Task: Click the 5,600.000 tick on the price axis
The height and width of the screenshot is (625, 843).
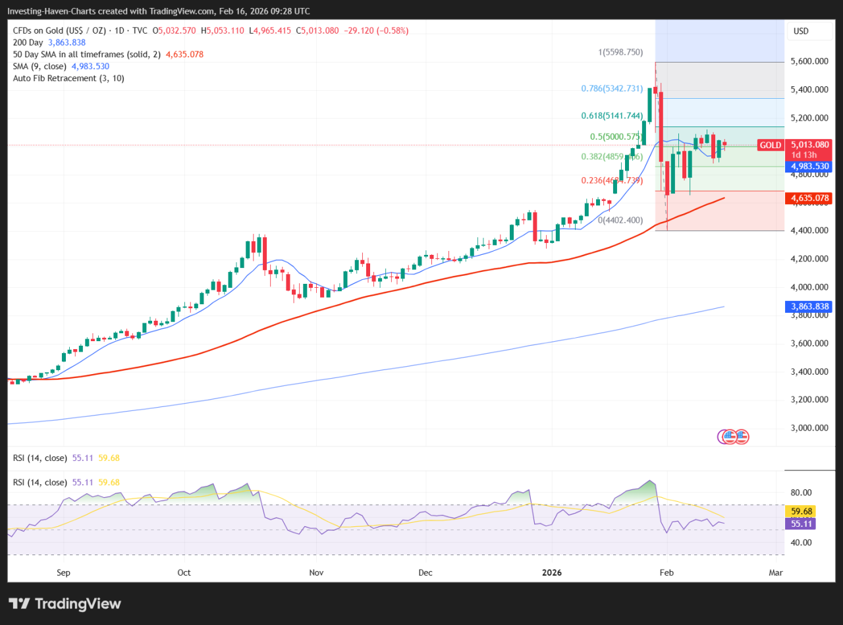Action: coord(809,61)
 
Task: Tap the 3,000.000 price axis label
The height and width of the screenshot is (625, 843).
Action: coord(809,427)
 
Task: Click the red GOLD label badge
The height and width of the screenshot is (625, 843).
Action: coord(770,145)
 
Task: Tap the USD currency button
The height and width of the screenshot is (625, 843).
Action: coord(801,31)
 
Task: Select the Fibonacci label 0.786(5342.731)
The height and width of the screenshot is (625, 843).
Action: coord(611,88)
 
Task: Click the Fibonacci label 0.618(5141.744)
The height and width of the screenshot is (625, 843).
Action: coord(612,116)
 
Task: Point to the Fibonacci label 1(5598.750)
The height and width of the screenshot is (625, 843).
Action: coord(620,52)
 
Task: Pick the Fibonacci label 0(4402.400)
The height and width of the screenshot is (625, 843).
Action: coord(620,220)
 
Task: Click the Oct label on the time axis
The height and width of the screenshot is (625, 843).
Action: coord(184,572)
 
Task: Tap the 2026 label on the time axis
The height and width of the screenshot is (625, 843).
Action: coord(552,572)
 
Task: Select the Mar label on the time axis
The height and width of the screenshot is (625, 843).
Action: coord(776,572)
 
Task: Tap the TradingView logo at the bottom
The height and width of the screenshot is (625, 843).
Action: coord(65,603)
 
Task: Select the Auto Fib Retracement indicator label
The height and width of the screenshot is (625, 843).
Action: coord(68,78)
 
